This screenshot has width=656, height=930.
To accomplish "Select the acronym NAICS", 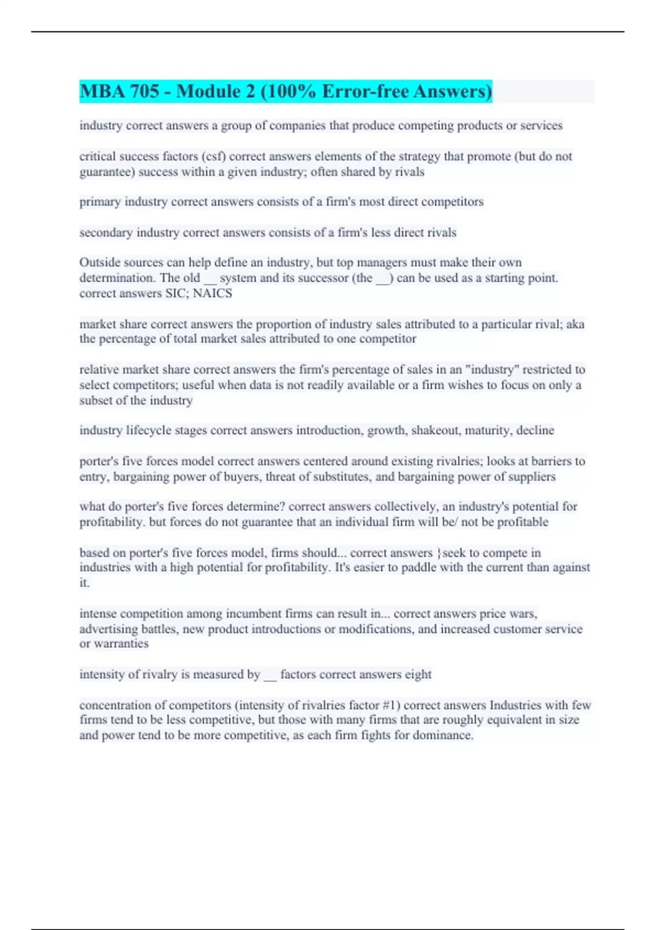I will click(x=213, y=293).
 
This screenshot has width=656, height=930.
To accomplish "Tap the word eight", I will click(x=418, y=675).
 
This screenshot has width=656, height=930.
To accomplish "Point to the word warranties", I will click(x=121, y=644).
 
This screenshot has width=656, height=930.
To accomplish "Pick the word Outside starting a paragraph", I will click(x=98, y=263).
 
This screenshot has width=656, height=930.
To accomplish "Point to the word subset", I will click(x=96, y=400).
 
